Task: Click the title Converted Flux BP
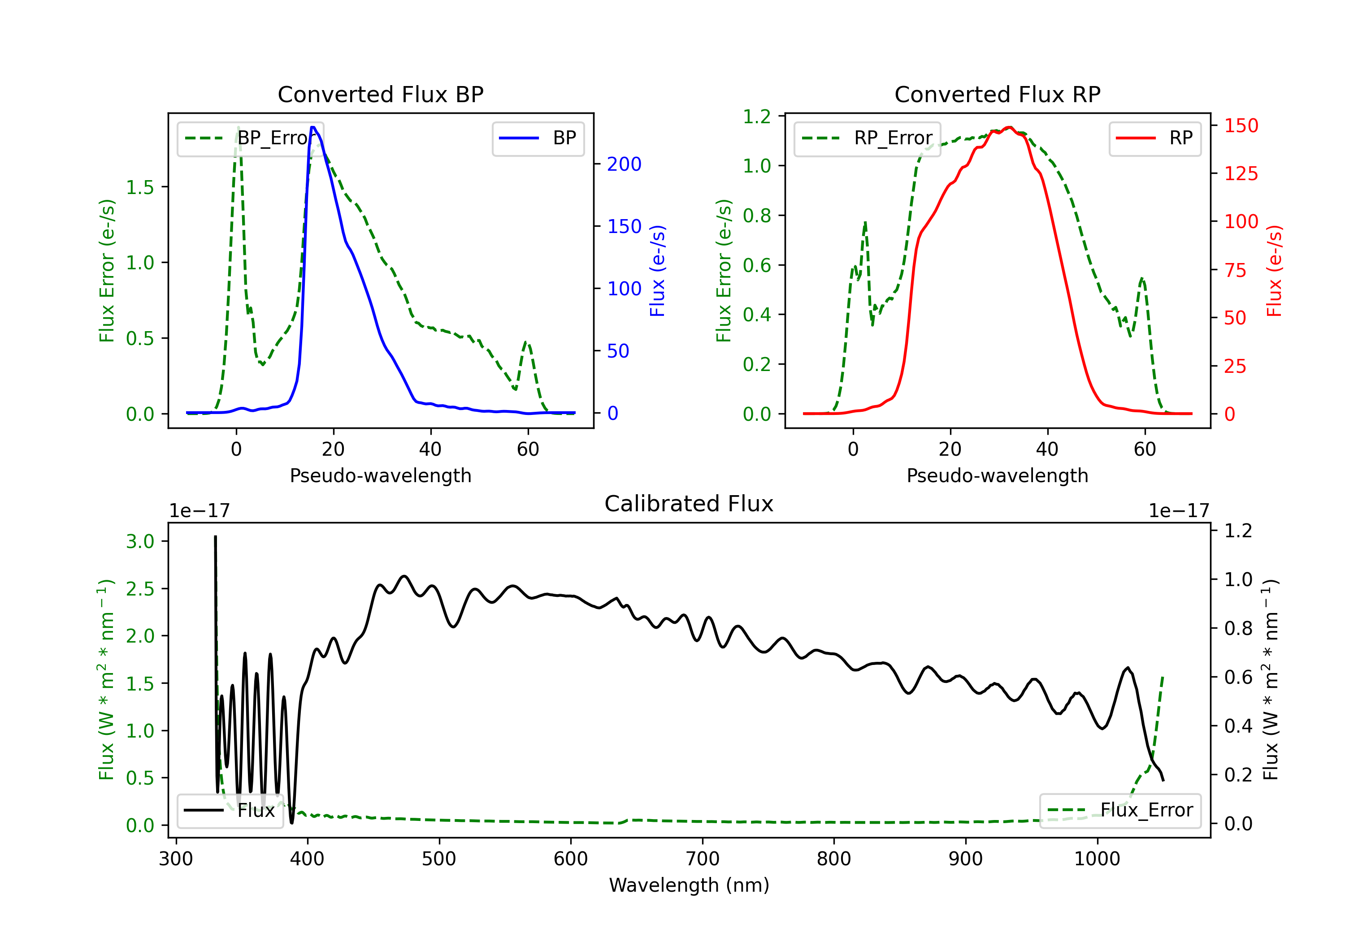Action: click(x=380, y=94)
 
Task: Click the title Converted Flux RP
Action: click(x=997, y=94)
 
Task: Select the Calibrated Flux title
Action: click(x=689, y=504)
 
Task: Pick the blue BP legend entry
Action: click(x=538, y=138)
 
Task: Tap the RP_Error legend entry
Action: click(x=867, y=138)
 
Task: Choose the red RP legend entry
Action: click(x=1154, y=138)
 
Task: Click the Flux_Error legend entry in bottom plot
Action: click(x=1120, y=811)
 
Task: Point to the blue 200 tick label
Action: click(x=624, y=164)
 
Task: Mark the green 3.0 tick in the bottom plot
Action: click(x=140, y=541)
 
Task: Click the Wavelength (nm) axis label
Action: click(x=689, y=885)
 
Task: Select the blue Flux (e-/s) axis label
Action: click(x=657, y=271)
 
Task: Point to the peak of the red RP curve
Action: click(x=1009, y=127)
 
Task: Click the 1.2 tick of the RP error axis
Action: click(x=757, y=117)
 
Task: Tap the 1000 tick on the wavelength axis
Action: click(x=1097, y=859)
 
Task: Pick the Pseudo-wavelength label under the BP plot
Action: click(x=380, y=475)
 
